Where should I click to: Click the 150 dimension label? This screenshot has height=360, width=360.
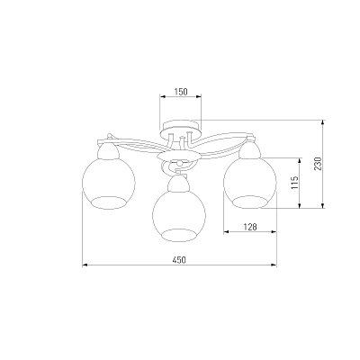tap(181, 92)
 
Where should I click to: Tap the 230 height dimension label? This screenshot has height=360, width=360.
tap(318, 164)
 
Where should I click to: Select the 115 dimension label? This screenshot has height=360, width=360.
tap(295, 183)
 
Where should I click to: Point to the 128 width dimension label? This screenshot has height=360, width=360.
tap(250, 227)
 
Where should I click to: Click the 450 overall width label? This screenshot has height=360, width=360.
tap(179, 260)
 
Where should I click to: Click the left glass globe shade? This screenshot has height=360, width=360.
tap(109, 183)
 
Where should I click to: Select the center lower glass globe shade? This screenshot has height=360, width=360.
tap(179, 215)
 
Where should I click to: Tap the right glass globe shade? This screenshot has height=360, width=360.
tap(250, 182)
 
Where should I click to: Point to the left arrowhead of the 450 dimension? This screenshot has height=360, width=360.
tap(85, 265)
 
